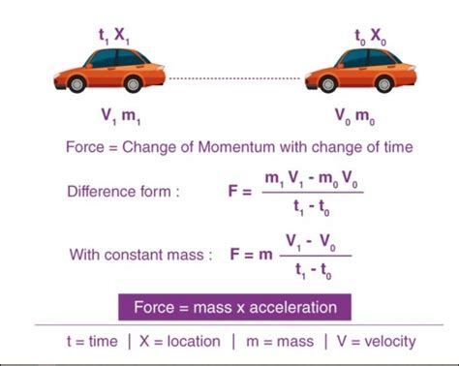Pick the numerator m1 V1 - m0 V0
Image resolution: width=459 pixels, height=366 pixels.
click(x=310, y=177)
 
